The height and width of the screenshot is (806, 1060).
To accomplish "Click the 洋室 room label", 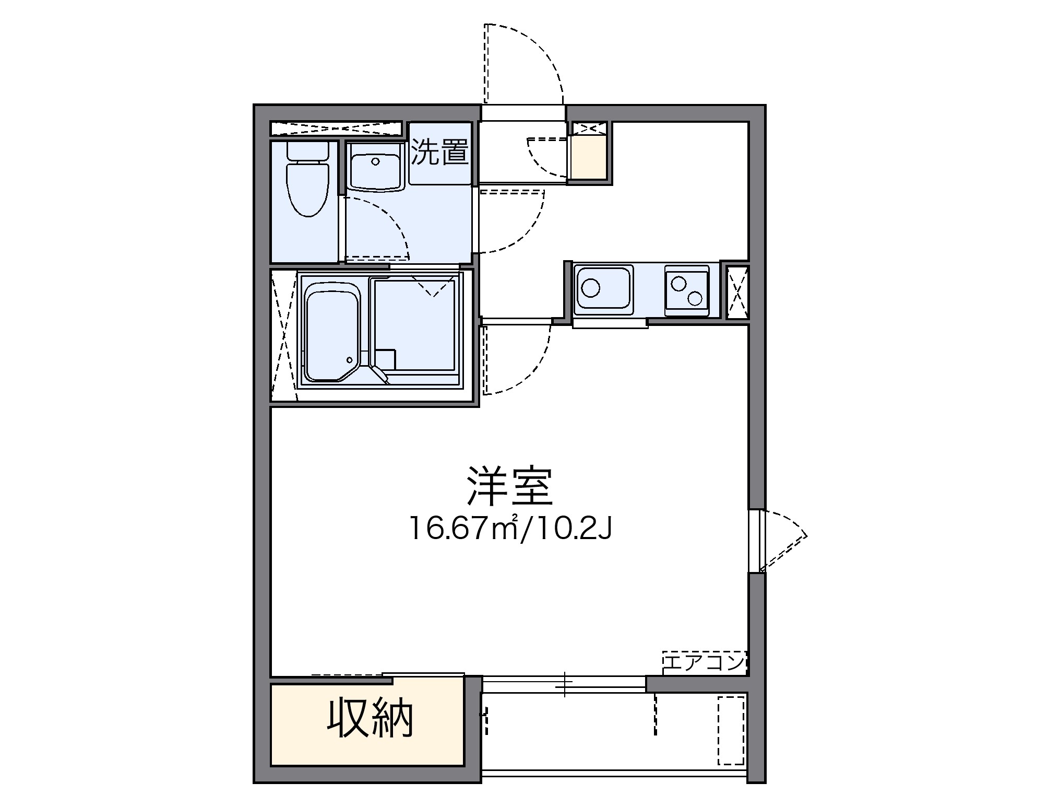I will click(x=509, y=486).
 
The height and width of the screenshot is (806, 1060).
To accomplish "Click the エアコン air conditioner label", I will click(x=704, y=663).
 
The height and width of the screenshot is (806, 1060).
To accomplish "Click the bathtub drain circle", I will click(x=349, y=360).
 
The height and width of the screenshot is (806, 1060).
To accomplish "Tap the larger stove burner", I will click(x=695, y=298).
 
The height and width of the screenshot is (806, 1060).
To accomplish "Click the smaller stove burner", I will click(x=679, y=284).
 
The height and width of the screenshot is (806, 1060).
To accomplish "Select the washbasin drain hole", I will click(x=375, y=161).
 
